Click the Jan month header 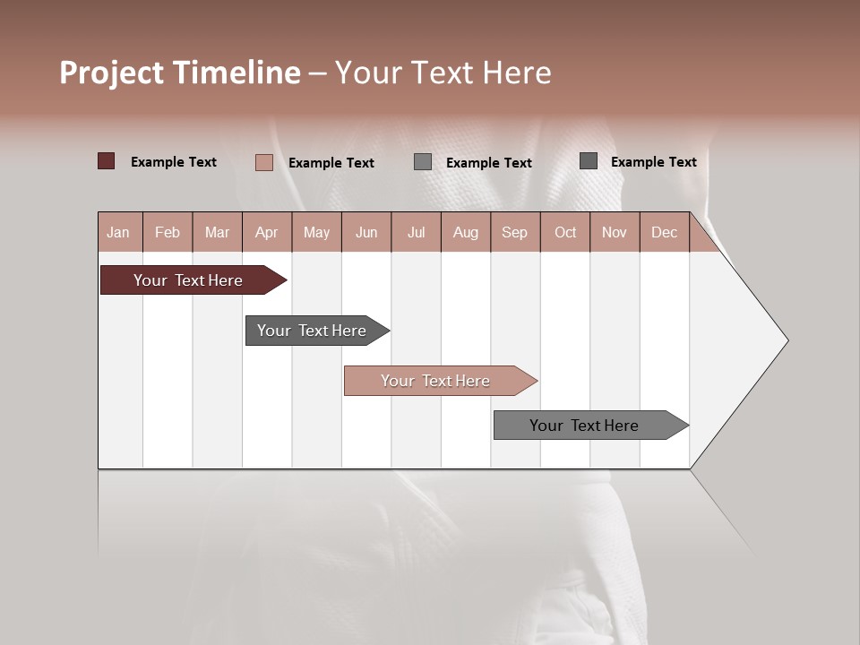119,232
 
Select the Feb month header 168,232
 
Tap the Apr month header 267,232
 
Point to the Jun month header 366,232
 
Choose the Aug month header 466,232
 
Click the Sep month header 515,232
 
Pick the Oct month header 565,232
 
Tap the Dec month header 665,232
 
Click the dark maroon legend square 107,161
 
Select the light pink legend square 264,162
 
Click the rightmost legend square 589,161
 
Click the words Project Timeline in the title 180,73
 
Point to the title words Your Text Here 443,73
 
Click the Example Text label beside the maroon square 174,162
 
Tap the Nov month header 615,232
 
